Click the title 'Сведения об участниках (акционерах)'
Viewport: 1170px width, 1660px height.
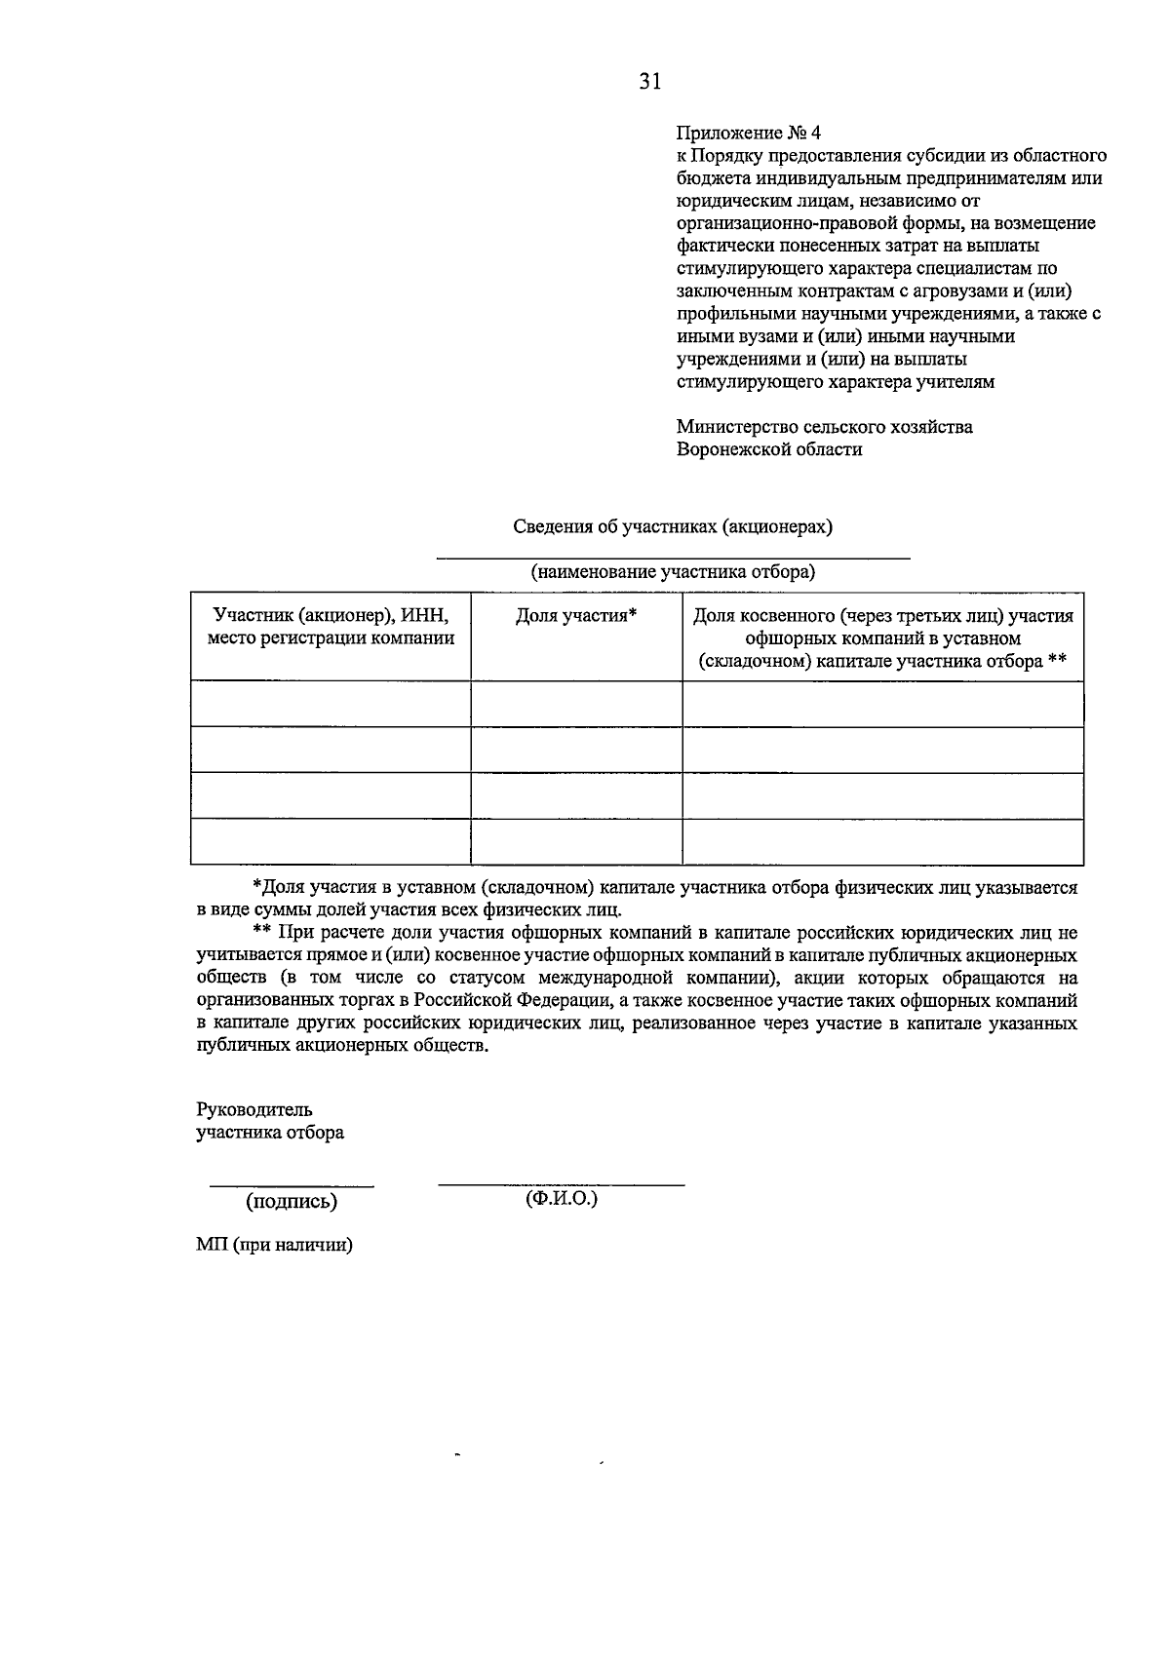coord(673,526)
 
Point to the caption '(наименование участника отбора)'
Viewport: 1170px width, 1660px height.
coord(673,572)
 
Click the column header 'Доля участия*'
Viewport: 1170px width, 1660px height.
coord(576,616)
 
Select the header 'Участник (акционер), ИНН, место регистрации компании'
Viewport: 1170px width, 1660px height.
coord(331,628)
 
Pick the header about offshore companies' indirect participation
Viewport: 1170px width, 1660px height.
coord(882,638)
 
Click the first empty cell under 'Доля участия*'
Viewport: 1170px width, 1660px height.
coord(576,704)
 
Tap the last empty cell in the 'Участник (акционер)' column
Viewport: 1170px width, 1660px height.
coord(331,842)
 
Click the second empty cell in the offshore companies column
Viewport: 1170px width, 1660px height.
coord(882,750)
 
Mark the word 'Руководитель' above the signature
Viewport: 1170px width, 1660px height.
coord(254,1110)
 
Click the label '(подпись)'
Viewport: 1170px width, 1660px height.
coord(292,1202)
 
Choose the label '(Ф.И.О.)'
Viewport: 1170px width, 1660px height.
coord(561,1198)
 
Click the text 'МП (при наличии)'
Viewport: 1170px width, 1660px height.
coord(274,1245)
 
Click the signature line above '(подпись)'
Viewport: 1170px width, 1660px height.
coord(292,1186)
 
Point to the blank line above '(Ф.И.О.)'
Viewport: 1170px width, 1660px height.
coord(561,1184)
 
